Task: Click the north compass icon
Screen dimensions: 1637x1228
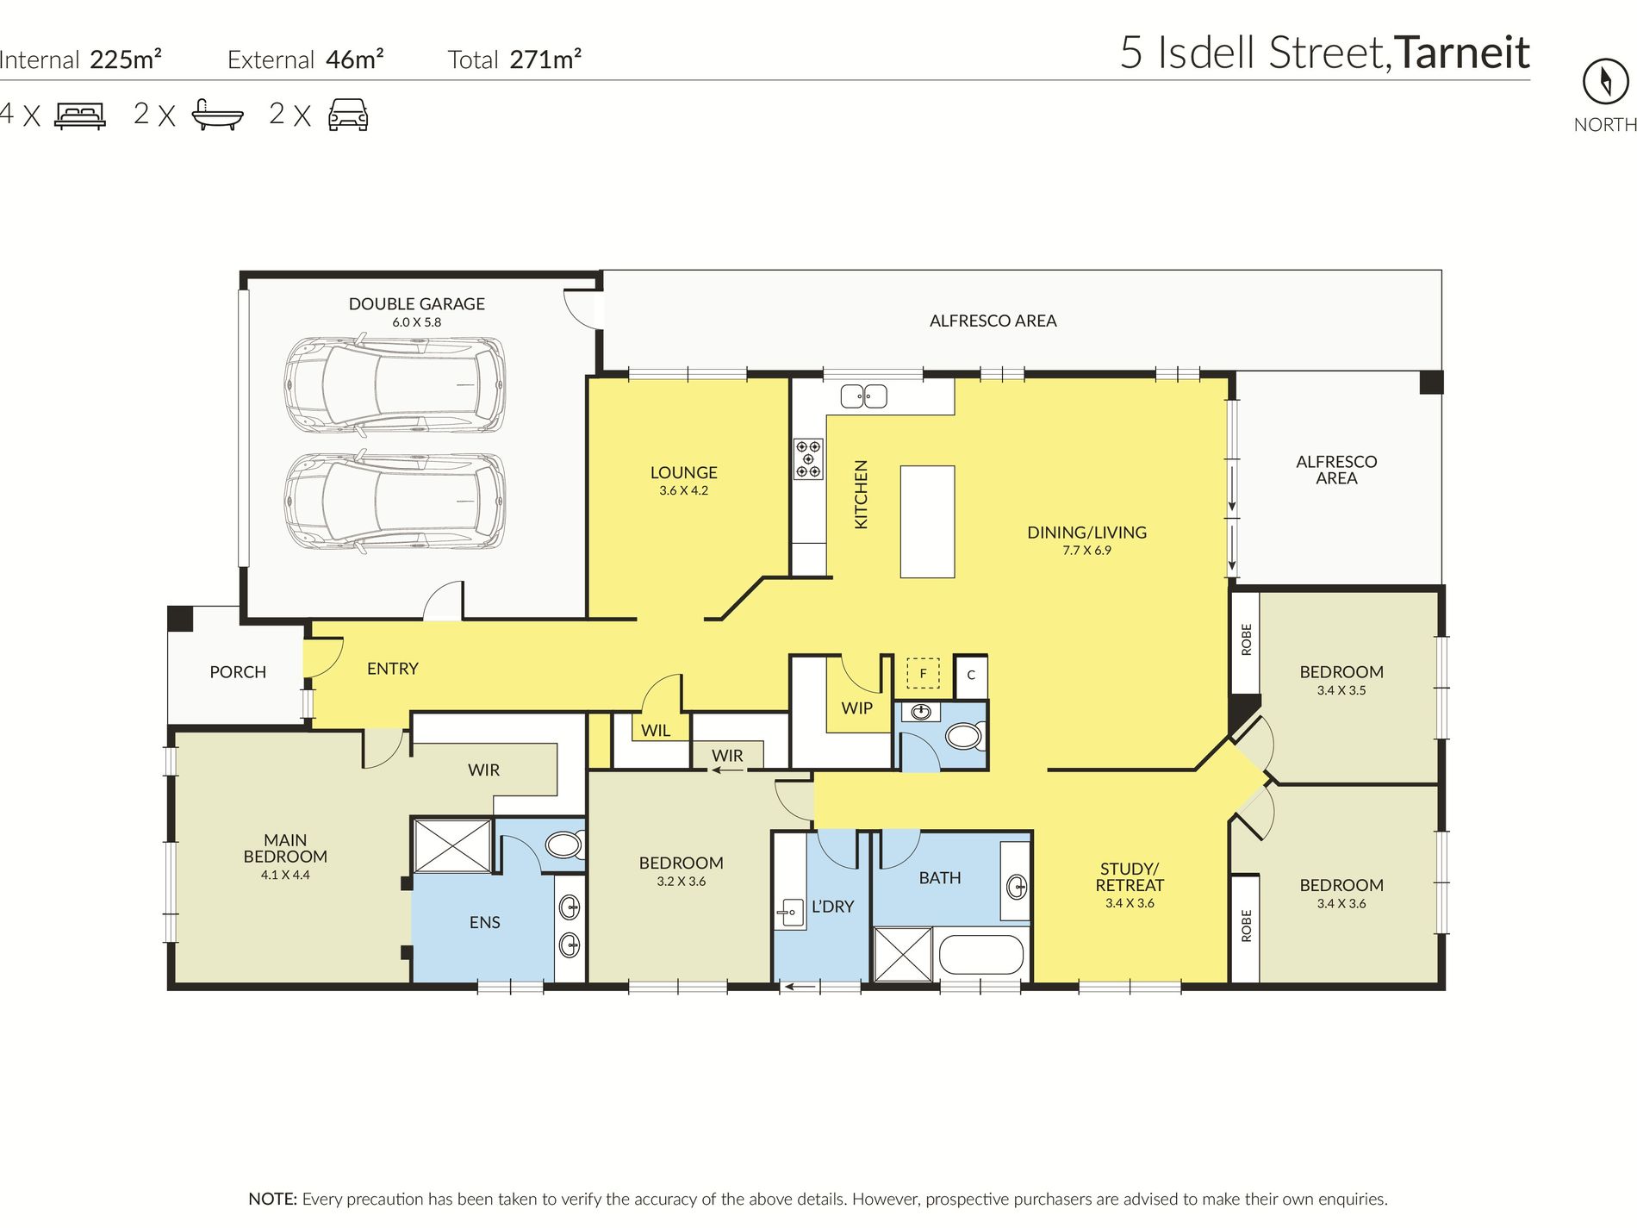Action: pyautogui.click(x=1605, y=82)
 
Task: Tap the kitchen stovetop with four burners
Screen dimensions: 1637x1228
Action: pyautogui.click(x=808, y=458)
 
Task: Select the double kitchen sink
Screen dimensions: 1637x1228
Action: pyautogui.click(x=863, y=396)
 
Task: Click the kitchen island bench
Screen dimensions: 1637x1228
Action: pyautogui.click(x=927, y=521)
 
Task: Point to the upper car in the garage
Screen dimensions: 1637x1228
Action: pyautogui.click(x=395, y=384)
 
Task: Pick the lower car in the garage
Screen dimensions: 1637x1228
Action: pyautogui.click(x=395, y=502)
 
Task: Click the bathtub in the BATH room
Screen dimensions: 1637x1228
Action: pyautogui.click(x=980, y=955)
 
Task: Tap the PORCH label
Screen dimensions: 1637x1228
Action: pyautogui.click(x=238, y=672)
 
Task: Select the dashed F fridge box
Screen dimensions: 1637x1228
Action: pyautogui.click(x=923, y=673)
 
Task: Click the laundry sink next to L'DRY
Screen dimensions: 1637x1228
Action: pyautogui.click(x=790, y=911)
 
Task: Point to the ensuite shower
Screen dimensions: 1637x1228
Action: pyautogui.click(x=452, y=845)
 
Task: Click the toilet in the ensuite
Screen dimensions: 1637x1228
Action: pyautogui.click(x=565, y=845)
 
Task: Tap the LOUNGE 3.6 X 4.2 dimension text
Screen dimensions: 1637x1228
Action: pyautogui.click(x=683, y=490)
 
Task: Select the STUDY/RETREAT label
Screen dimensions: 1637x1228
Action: pyautogui.click(x=1130, y=877)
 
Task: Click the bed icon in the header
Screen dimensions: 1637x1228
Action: pyautogui.click(x=80, y=115)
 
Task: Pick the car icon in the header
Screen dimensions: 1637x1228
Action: pyautogui.click(x=348, y=115)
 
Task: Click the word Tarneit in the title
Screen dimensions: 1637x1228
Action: pyautogui.click(x=1462, y=53)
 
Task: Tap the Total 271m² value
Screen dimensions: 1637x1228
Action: pyautogui.click(x=545, y=59)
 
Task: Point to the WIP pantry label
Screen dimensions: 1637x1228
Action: pyautogui.click(x=857, y=708)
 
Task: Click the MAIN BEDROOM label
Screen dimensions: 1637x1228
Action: pyautogui.click(x=285, y=848)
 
